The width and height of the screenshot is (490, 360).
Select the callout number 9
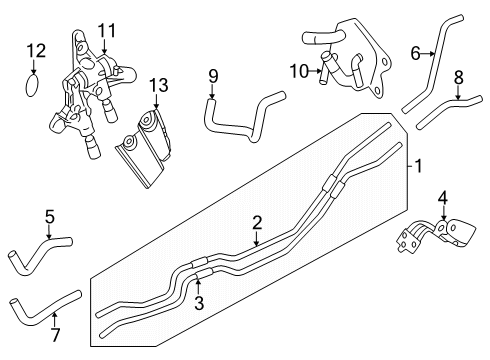[x=213, y=75]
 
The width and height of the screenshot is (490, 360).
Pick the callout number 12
[x=35, y=50]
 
